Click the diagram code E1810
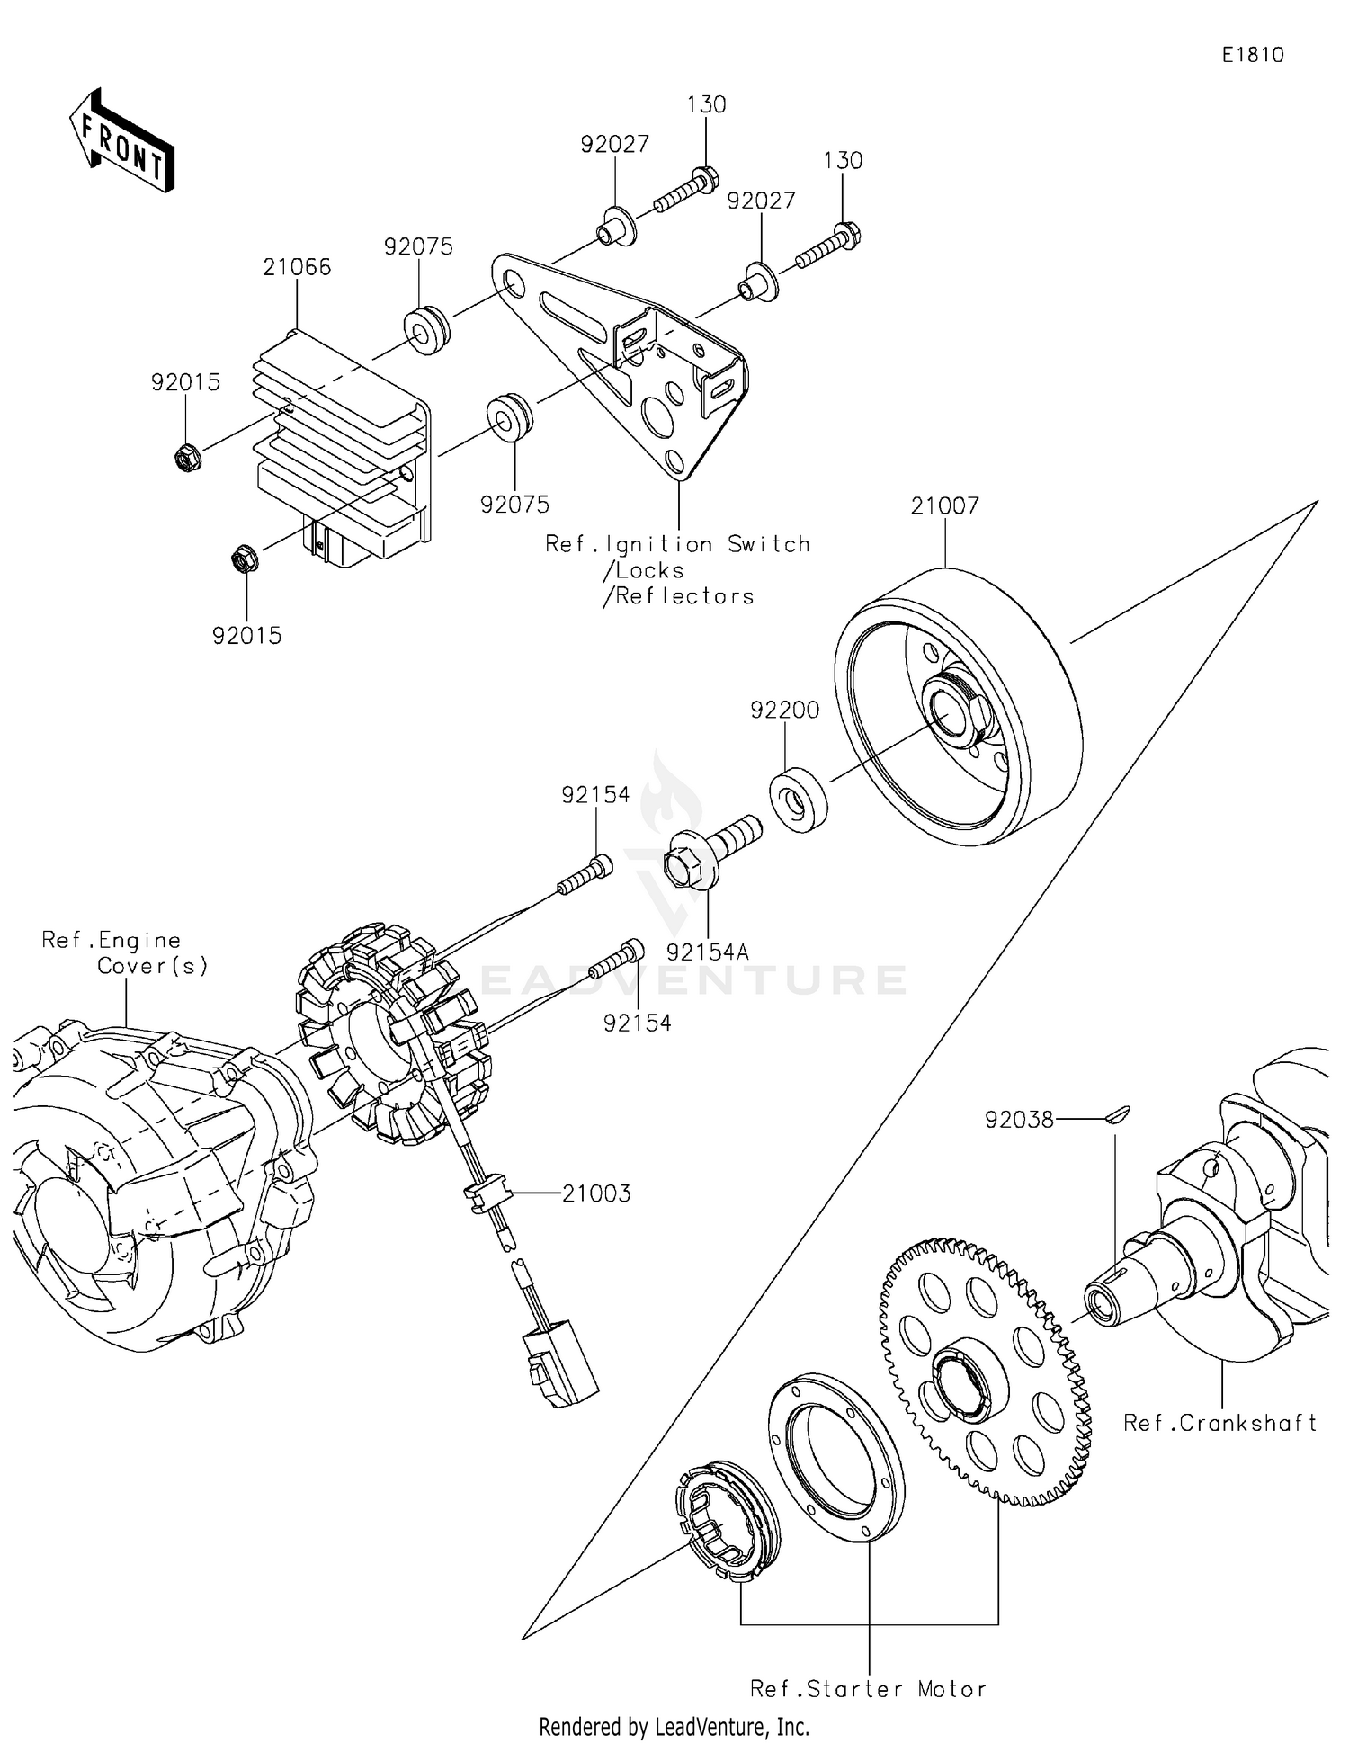(1253, 55)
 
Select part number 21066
(297, 267)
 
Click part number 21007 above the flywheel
(944, 505)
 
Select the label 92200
(785, 711)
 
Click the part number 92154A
(708, 952)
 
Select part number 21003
(596, 1193)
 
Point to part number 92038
(1018, 1120)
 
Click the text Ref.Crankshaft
(1219, 1423)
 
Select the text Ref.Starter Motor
(868, 1689)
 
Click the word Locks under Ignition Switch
(649, 570)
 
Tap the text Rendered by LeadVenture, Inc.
(674, 1727)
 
